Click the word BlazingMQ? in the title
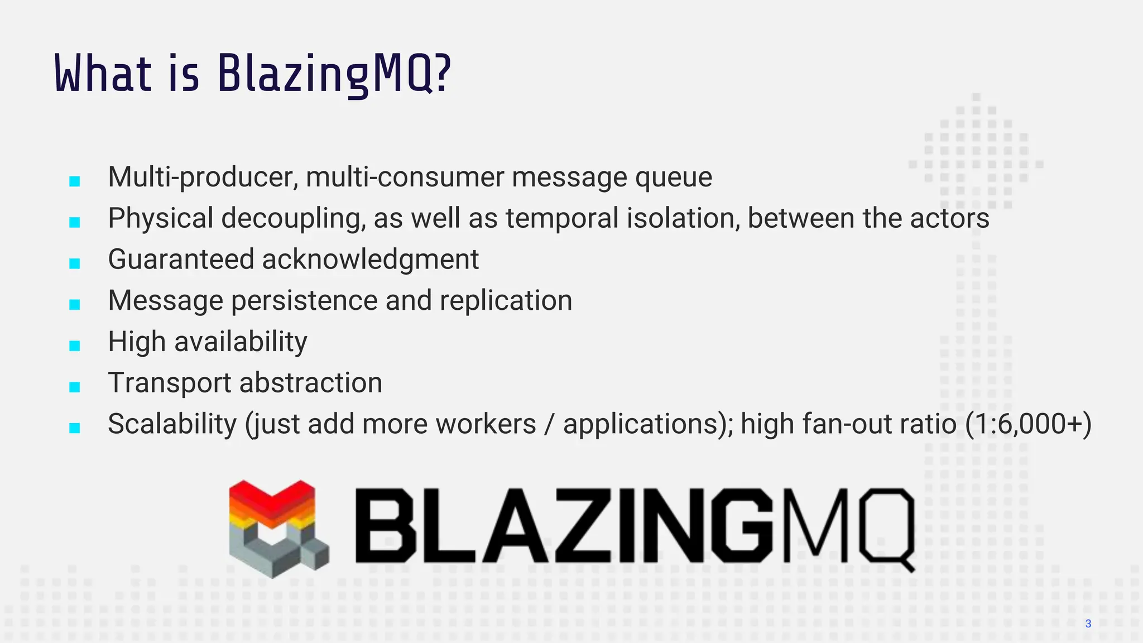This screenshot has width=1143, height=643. pos(333,74)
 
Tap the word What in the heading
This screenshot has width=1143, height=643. pos(103,74)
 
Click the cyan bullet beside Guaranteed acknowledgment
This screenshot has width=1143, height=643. pos(75,263)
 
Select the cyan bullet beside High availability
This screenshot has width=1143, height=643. pos(75,346)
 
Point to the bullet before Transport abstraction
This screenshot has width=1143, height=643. pos(75,387)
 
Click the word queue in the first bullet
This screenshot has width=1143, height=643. pos(673,177)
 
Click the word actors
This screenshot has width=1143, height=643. pos(949,218)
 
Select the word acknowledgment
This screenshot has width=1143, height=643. pos(370,260)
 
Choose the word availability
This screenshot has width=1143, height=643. pos(241,342)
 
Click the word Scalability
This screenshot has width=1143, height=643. pos(172,424)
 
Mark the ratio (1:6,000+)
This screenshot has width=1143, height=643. pos(1028,424)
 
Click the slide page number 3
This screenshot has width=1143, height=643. pos(1088,623)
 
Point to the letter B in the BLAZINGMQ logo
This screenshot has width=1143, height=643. pos(386,526)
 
